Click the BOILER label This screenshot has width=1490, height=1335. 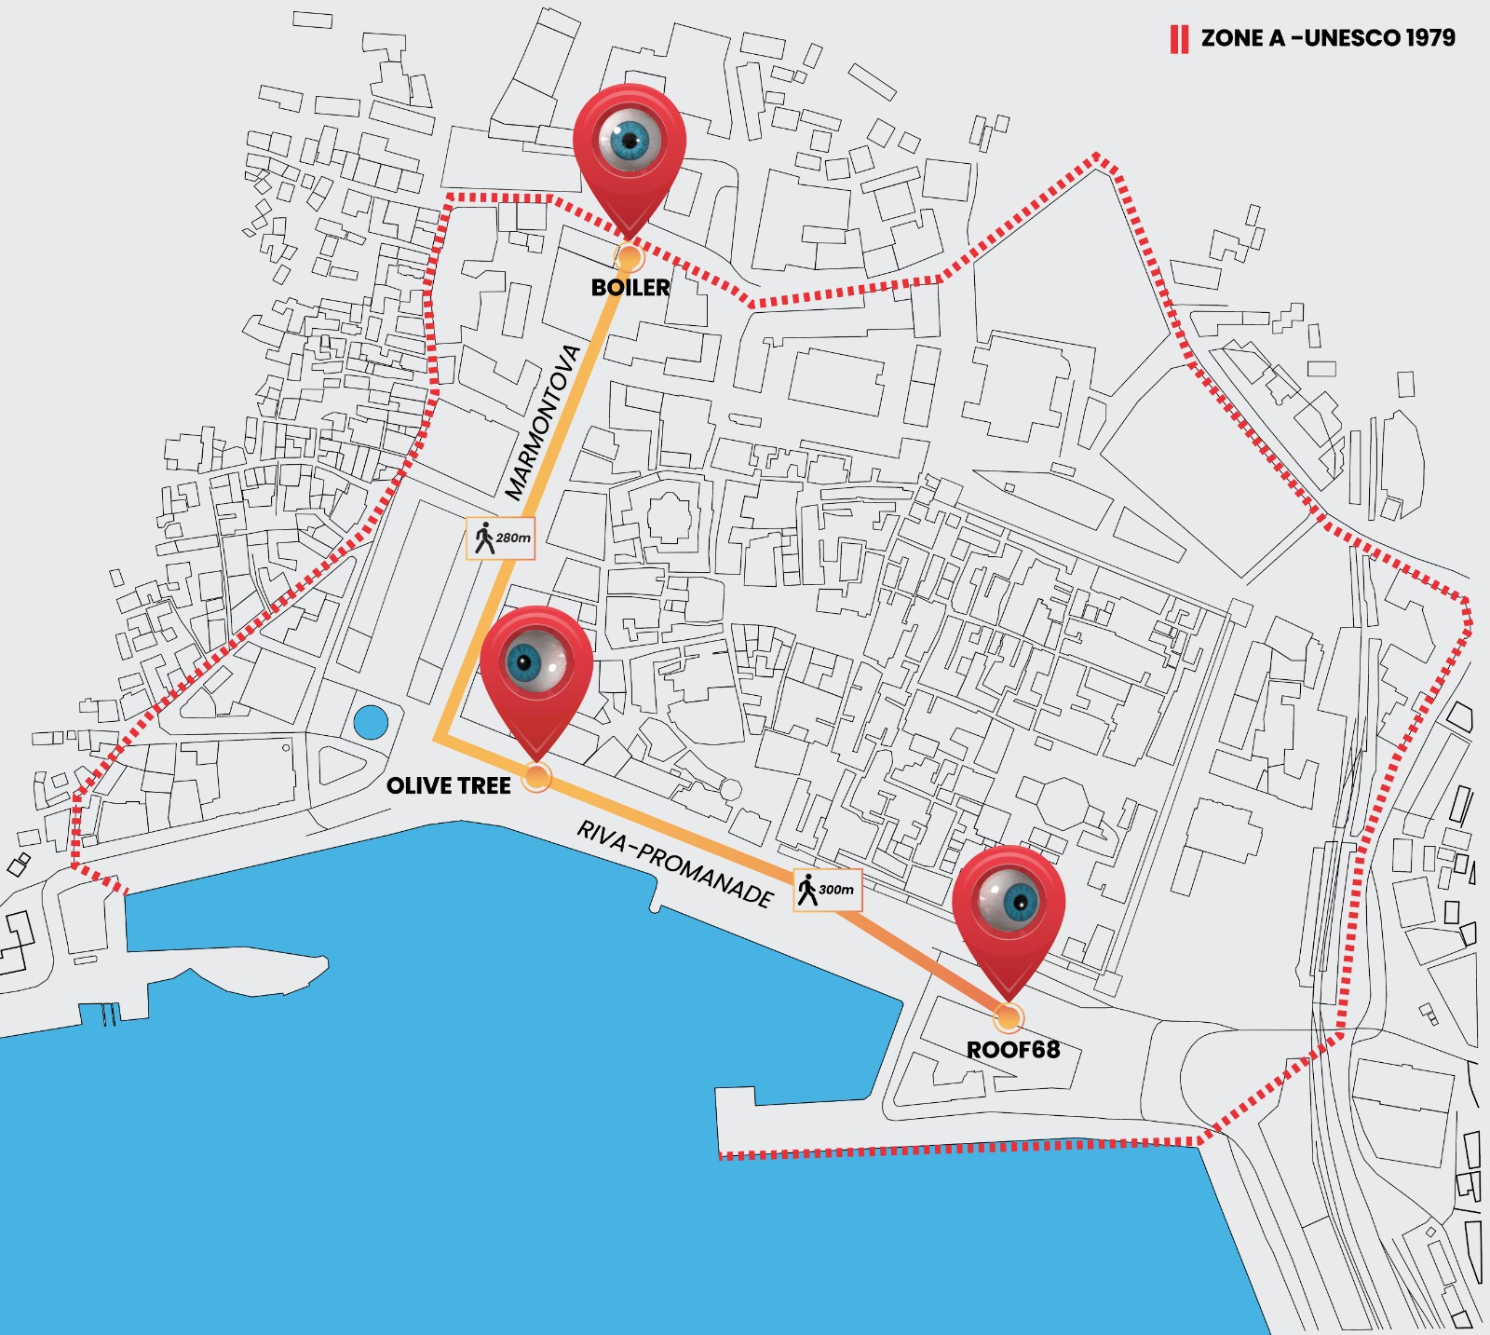(630, 288)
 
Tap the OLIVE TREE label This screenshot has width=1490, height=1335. (449, 786)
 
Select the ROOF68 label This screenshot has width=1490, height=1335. (1013, 1050)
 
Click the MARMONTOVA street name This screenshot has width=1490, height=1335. (543, 422)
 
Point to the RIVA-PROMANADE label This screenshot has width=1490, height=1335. (675, 864)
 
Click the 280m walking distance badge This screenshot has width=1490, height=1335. (501, 538)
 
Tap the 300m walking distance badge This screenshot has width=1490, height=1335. (828, 890)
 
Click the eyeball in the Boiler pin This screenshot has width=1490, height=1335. (630, 140)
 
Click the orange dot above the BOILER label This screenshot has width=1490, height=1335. (630, 257)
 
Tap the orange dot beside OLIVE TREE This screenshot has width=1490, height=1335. (537, 776)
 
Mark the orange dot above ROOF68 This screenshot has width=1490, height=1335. (1008, 1016)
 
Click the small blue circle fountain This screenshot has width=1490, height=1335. (371, 722)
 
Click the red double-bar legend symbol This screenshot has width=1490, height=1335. (1179, 39)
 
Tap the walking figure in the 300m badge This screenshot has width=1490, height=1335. (807, 890)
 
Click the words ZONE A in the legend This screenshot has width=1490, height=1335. (1242, 38)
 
